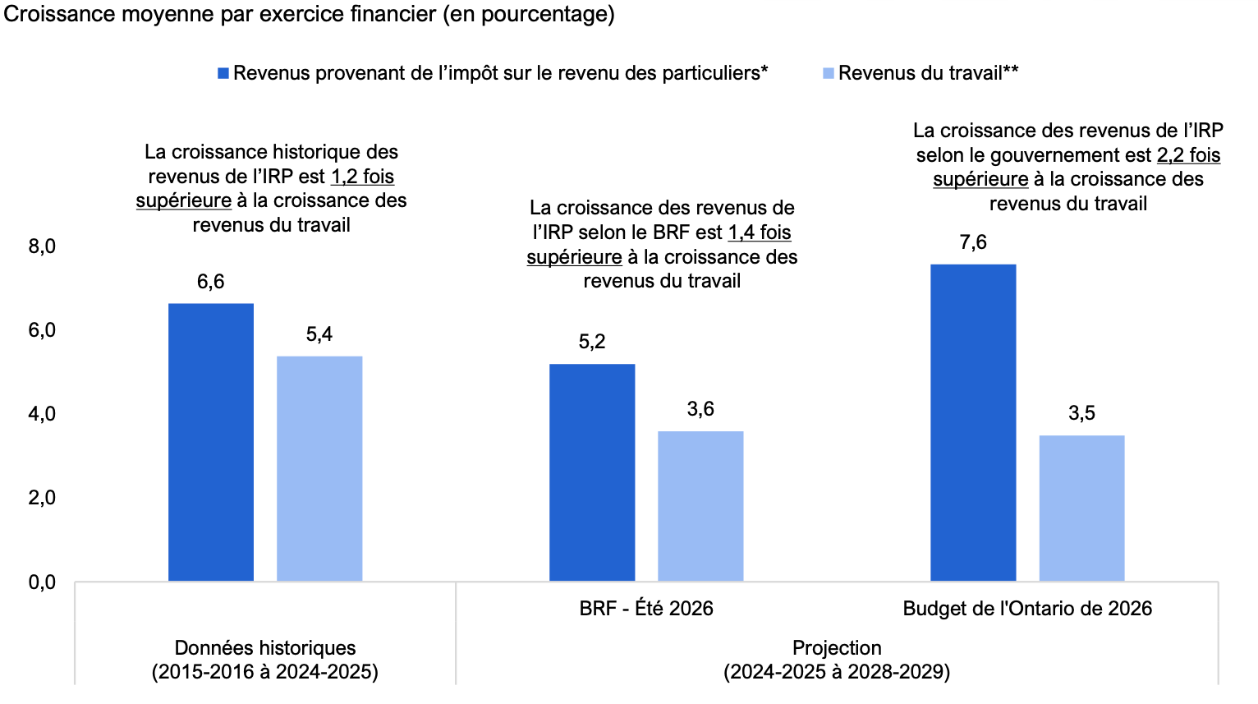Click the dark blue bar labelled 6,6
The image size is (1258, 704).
click(211, 442)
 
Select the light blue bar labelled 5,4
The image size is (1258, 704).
click(319, 468)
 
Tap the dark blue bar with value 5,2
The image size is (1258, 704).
click(592, 472)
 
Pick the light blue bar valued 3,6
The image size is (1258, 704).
click(701, 506)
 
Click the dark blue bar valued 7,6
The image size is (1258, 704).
click(973, 422)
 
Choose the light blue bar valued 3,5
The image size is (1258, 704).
click(1081, 508)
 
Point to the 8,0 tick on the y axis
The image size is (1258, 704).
click(42, 246)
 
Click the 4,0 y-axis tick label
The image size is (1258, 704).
click(42, 414)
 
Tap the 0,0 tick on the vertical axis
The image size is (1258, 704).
click(42, 582)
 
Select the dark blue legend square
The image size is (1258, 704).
click(223, 73)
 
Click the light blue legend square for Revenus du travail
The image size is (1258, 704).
click(829, 73)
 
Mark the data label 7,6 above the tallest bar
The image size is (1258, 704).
click(973, 242)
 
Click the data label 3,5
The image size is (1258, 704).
click(1081, 413)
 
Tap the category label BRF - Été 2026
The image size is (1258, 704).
click(646, 609)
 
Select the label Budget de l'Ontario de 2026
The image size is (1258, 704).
click(1027, 609)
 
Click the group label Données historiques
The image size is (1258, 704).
click(265, 648)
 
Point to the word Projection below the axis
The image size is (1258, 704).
click(837, 648)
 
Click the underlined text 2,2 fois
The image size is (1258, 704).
click(1188, 155)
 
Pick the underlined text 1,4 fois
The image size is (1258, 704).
click(760, 232)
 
